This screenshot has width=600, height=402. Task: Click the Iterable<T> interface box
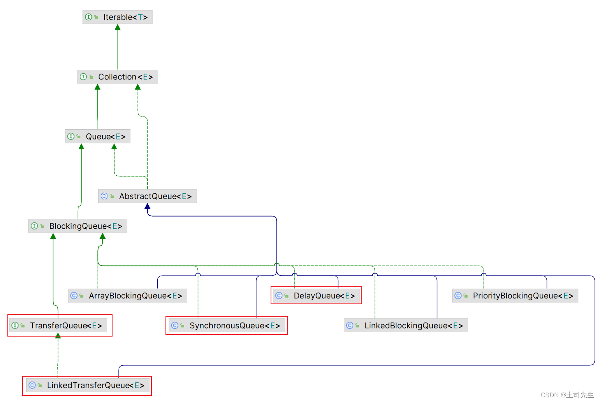pos(118,17)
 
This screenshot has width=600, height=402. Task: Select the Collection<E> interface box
pos(118,77)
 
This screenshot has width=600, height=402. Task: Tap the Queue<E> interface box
pos(98,137)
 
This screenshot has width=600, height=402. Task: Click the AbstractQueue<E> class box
pos(148,196)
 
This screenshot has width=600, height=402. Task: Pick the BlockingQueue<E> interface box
pos(78,226)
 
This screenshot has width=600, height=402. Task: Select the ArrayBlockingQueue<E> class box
pos(128,296)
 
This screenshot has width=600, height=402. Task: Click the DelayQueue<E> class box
pos(316,296)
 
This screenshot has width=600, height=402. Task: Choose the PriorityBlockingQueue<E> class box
pos(515,296)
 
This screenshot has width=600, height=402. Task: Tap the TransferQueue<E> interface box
pos(60,326)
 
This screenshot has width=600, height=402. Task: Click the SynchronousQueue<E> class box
pos(227,326)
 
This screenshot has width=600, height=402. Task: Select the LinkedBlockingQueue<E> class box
pos(406,326)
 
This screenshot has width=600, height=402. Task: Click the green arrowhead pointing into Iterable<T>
pos(118,27)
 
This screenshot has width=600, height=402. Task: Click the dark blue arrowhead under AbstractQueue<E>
pos(148,206)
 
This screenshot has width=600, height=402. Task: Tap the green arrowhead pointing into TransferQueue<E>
pos(58,336)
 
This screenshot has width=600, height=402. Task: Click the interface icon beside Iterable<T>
pos(88,17)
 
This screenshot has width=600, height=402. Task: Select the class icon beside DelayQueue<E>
pos(279,296)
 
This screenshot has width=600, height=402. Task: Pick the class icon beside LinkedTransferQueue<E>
pos(32,385)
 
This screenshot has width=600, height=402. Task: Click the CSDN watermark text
pos(567,395)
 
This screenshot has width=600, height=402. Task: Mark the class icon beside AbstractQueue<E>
pos(104,196)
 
